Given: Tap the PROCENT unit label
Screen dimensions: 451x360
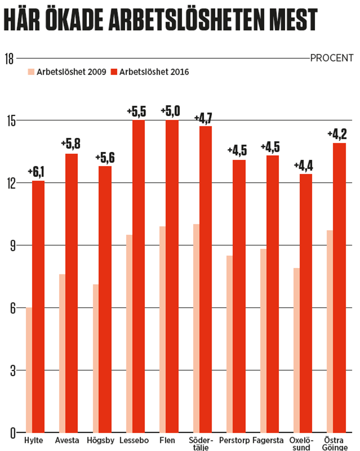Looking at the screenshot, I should [332, 58].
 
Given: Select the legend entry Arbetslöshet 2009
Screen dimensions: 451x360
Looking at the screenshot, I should [67, 72].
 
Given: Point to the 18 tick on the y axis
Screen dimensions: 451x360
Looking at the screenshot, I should [9, 59].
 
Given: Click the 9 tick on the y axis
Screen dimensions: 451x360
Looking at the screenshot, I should [13, 246].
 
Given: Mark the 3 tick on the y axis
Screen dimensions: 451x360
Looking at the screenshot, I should [13, 371].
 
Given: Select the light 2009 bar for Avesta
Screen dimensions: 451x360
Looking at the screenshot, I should [62, 353].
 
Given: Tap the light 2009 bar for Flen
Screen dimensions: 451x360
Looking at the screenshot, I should [162, 329].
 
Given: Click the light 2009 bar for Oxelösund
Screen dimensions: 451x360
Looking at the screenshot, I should [297, 350].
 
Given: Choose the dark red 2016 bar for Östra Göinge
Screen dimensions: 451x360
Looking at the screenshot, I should [339, 288].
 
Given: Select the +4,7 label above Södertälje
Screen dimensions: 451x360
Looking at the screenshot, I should [203, 119].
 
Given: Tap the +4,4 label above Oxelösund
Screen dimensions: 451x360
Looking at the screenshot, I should [303, 166].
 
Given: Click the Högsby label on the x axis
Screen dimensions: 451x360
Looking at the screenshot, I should [100, 440].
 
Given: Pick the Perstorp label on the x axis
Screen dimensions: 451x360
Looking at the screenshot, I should [234, 440].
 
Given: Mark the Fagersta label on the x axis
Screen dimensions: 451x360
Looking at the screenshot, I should [268, 440].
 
